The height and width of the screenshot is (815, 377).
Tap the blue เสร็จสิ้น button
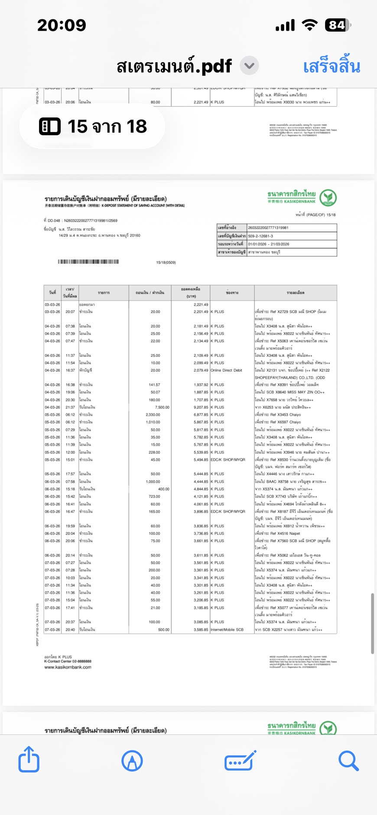[331, 67]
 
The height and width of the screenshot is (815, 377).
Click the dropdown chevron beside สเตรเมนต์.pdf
[249, 66]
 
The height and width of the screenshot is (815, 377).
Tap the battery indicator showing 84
[338, 25]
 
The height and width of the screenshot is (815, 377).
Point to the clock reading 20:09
[62, 25]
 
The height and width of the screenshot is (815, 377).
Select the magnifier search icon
[348, 760]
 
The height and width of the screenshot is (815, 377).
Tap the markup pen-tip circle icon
[132, 760]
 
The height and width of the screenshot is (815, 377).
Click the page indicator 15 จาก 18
[93, 126]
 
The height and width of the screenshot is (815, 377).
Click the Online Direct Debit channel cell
[226, 370]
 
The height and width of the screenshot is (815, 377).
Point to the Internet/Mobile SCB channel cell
[228, 630]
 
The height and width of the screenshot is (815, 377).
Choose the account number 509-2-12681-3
[260, 236]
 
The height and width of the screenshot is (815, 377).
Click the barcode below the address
[88, 262]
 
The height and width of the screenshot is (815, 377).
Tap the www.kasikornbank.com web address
[68, 667]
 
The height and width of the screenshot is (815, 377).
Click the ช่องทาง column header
[232, 293]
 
